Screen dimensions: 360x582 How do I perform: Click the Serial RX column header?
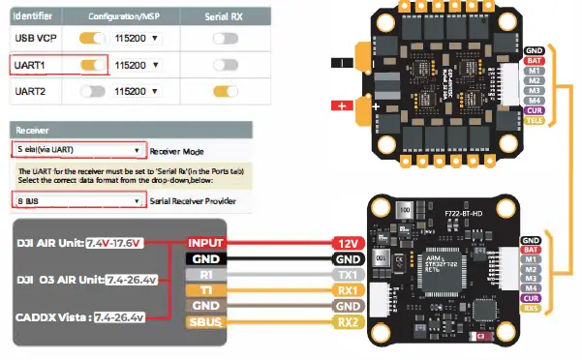(x=225, y=16)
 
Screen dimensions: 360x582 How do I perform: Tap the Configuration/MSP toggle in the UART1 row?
(x=93, y=65)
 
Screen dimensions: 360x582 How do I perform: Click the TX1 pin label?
(x=349, y=275)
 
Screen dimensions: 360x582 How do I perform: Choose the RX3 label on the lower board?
(x=530, y=309)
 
